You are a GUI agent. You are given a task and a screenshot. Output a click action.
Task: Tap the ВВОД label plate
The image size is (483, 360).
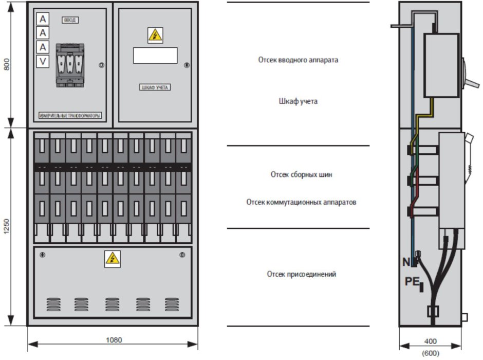[70, 20]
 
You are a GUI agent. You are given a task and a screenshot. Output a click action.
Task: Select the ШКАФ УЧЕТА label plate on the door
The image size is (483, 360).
[155, 87]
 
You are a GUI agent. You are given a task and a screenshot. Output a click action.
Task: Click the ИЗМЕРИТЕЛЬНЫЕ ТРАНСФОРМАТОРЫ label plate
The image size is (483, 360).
[70, 116]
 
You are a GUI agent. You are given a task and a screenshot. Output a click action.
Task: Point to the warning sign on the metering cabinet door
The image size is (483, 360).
[155, 35]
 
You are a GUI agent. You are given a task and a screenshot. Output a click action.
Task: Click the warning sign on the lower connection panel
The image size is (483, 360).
[113, 258]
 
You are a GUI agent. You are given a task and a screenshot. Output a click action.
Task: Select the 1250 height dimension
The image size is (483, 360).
[7, 226]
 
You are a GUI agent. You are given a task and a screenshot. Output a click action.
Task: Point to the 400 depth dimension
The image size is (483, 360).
[431, 341]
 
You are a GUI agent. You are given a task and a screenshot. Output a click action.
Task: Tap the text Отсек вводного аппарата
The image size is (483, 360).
[298, 60]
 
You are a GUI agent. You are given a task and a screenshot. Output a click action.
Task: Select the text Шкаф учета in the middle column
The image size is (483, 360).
[298, 101]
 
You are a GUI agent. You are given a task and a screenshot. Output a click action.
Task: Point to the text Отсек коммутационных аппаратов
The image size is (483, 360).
[301, 203]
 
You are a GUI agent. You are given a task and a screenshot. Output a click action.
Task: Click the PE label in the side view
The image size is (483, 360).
[412, 281]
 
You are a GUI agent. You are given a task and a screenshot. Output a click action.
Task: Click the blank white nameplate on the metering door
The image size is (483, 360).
[155, 55]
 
